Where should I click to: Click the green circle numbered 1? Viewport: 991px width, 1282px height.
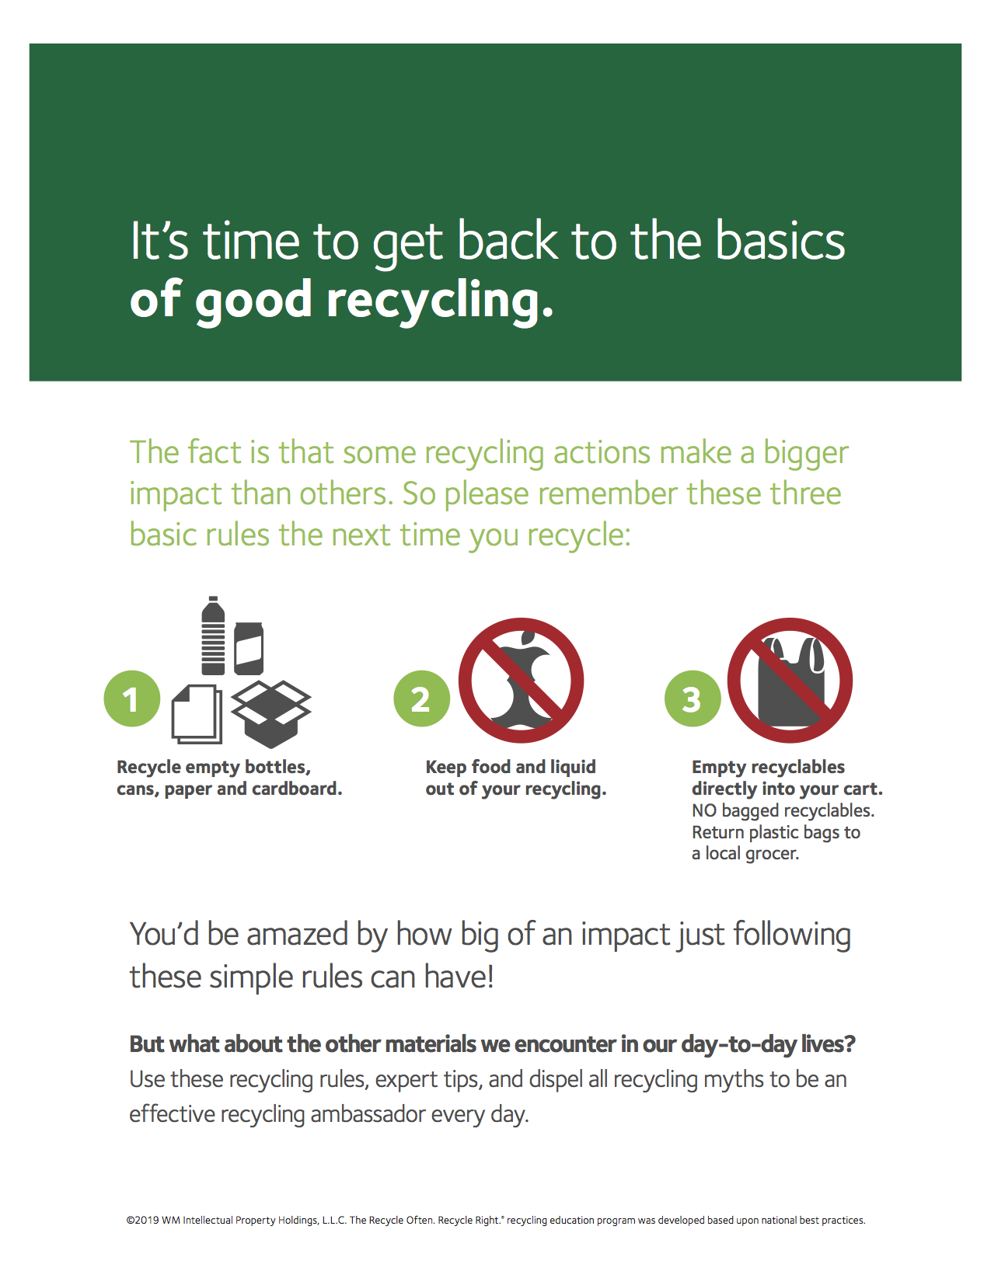[132, 698]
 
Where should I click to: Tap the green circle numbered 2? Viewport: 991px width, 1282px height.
[421, 698]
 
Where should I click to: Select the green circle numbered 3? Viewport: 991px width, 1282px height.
[693, 698]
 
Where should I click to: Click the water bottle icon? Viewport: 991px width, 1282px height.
[213, 636]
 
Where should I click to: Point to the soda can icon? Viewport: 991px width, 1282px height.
[249, 648]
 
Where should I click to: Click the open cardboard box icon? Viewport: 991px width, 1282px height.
[271, 713]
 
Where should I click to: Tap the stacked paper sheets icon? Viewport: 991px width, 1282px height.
[196, 713]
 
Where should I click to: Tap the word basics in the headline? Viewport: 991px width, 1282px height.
[780, 241]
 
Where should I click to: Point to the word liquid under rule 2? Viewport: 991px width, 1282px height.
[573, 767]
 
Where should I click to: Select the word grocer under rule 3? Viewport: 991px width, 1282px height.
[773, 854]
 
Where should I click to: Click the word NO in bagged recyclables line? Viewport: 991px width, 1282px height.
[704, 811]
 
